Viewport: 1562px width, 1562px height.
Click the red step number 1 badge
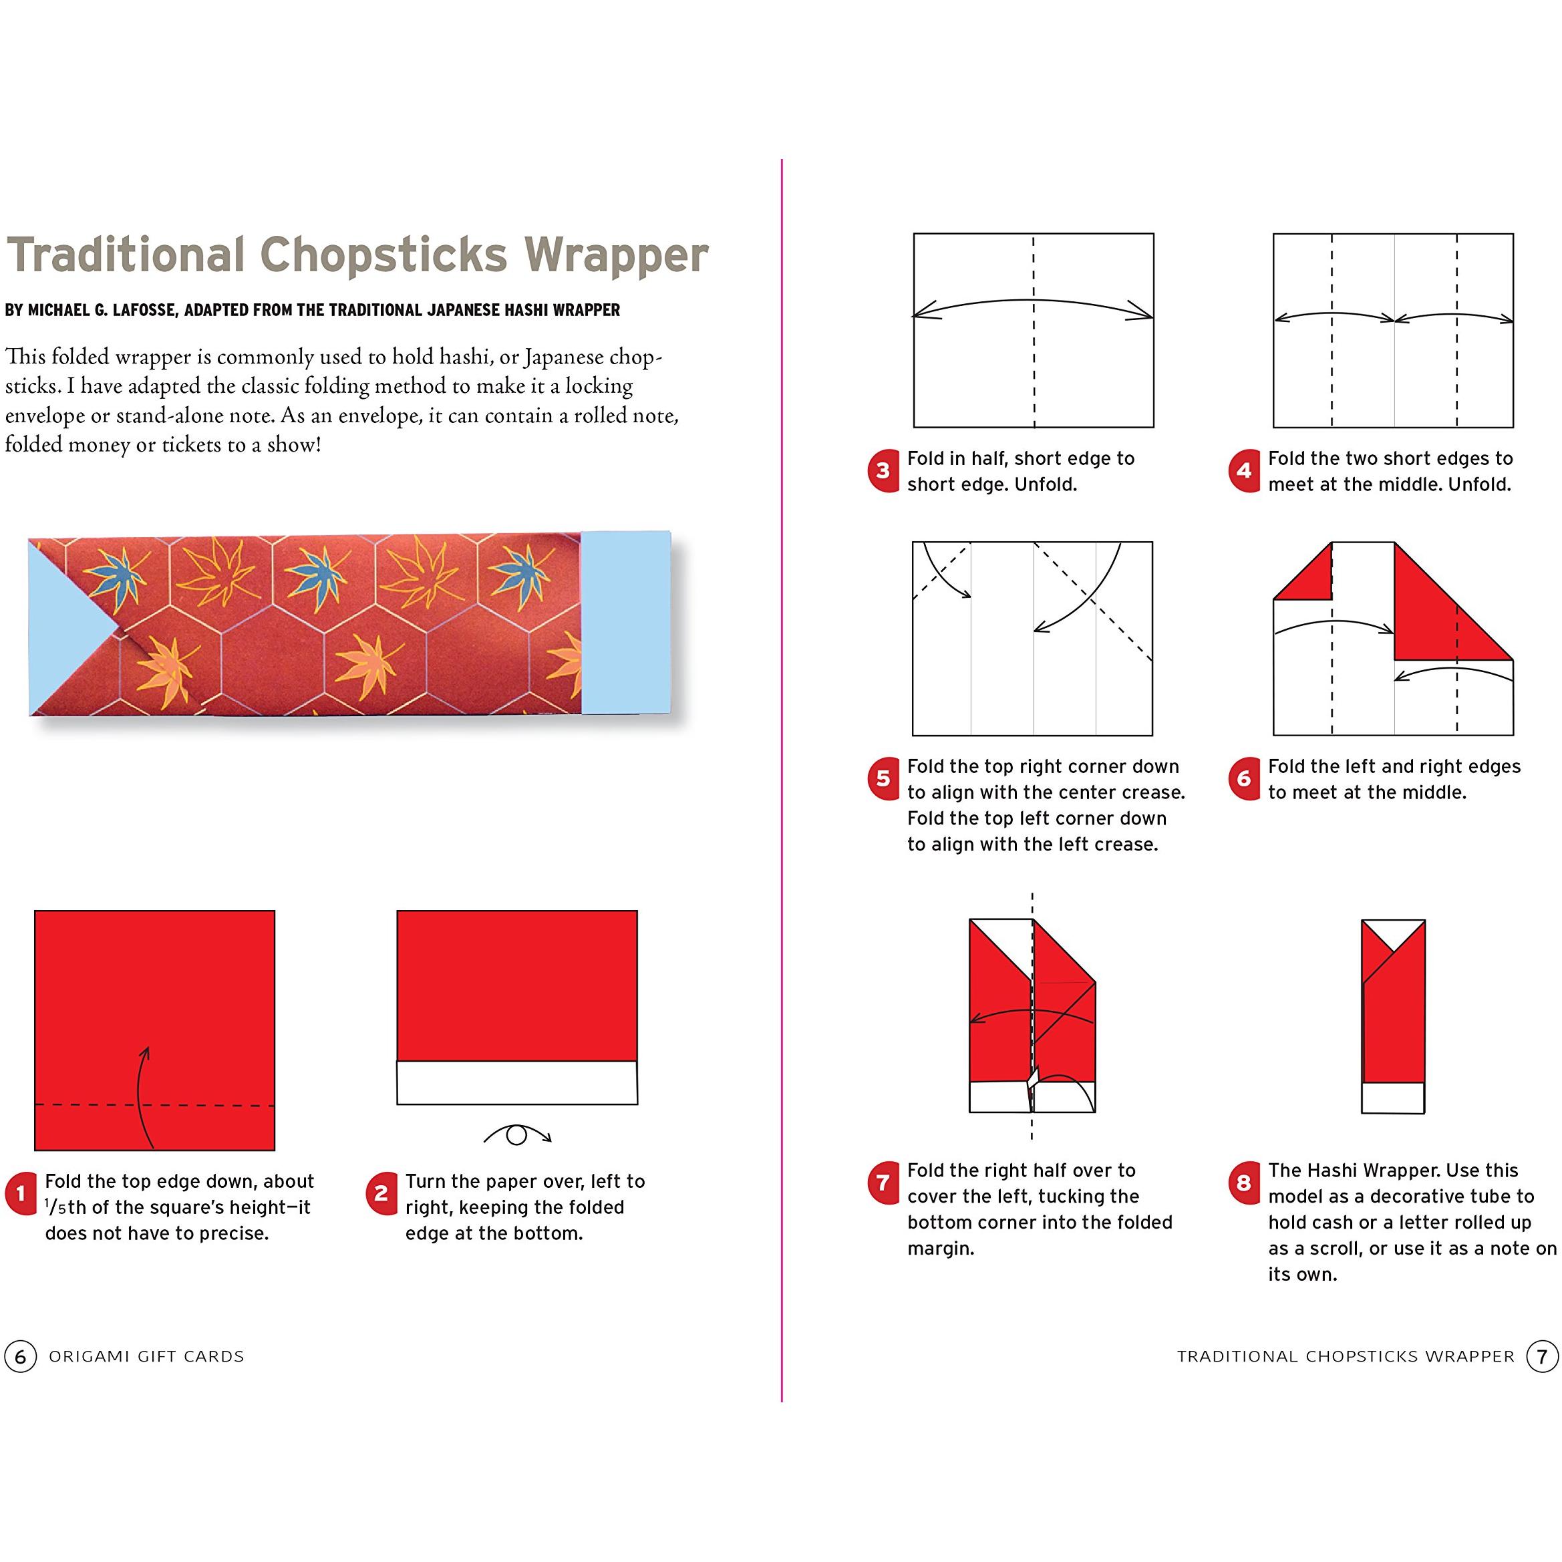20,1193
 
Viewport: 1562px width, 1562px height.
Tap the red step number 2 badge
381,1193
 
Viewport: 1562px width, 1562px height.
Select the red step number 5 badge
883,778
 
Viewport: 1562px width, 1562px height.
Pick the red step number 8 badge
1243,1183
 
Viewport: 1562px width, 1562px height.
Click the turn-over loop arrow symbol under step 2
517,1135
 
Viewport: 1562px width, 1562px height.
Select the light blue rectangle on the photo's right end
626,623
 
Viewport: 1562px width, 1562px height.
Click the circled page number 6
20,1356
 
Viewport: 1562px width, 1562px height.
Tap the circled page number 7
1542,1356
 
